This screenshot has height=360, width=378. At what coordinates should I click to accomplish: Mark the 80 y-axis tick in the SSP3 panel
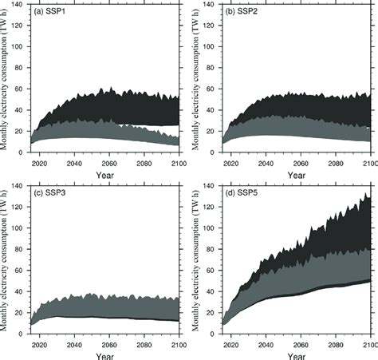pyautogui.click(x=22, y=248)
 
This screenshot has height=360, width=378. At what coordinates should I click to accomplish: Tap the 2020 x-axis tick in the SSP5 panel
pyautogui.click(x=232, y=345)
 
